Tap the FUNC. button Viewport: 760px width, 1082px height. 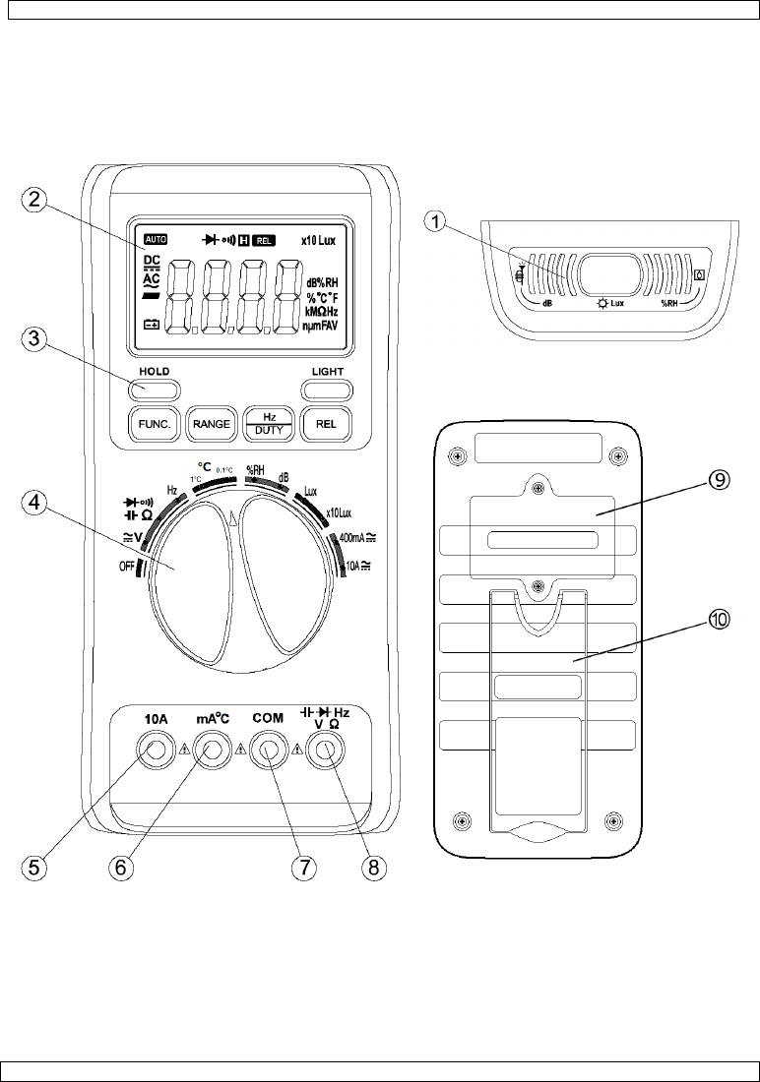pos(151,424)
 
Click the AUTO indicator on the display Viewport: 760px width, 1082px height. pos(156,239)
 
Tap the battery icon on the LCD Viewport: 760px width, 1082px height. pos(153,325)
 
